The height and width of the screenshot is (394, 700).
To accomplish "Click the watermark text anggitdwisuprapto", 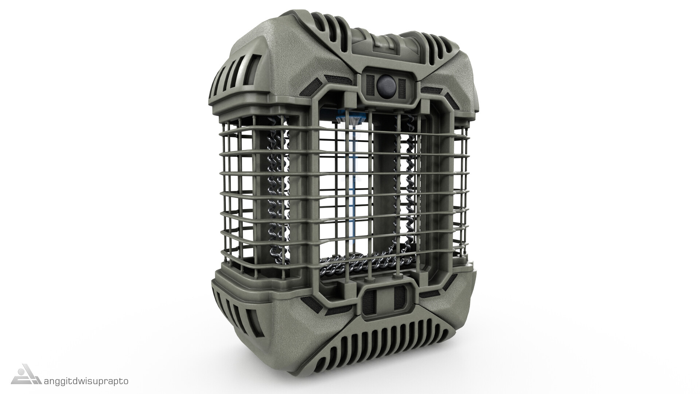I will coord(86,381).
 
